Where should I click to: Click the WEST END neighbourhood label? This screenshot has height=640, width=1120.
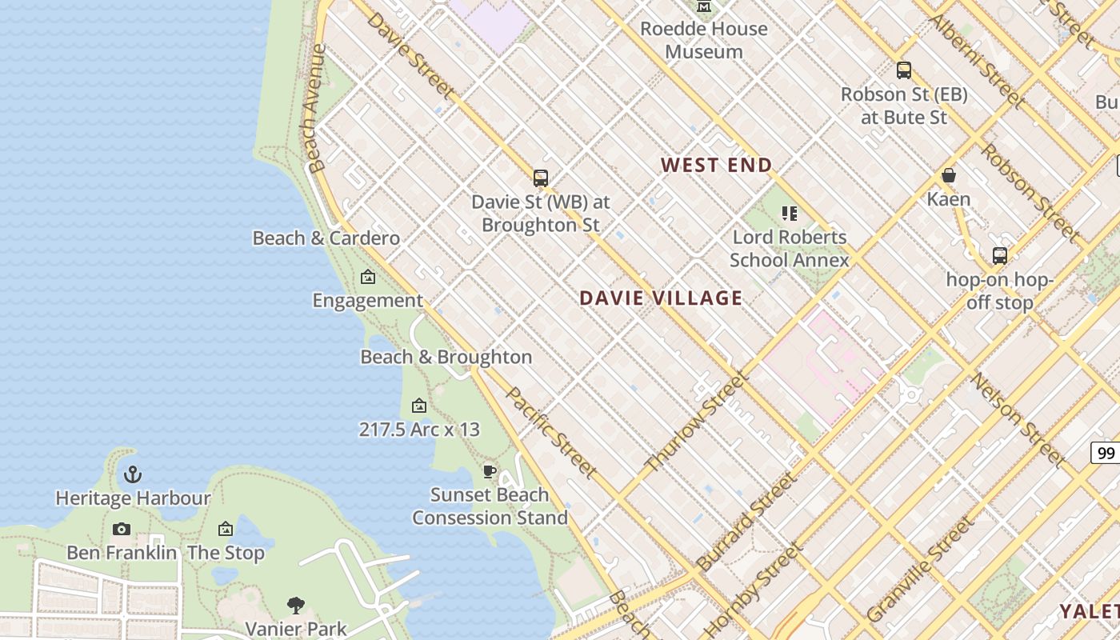tap(716, 166)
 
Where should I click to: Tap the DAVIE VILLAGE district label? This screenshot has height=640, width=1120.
tap(661, 298)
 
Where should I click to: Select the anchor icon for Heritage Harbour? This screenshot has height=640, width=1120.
tap(133, 475)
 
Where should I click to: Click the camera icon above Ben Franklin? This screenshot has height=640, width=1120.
tap(122, 530)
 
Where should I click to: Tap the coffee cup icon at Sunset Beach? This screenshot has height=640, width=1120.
tap(490, 471)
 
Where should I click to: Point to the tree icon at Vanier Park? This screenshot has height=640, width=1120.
tap(296, 605)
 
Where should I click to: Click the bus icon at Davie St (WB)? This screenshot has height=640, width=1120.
tap(541, 178)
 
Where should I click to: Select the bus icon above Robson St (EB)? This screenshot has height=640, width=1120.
tap(904, 70)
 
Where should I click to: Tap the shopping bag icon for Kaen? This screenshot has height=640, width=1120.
tap(949, 175)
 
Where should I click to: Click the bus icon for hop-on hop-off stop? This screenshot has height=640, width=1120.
tap(1000, 256)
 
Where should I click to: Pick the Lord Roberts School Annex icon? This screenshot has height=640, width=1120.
tap(790, 214)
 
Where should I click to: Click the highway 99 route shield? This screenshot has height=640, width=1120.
tap(1106, 454)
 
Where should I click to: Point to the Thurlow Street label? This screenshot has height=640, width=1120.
tap(695, 422)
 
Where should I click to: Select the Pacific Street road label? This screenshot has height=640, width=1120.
tap(552, 432)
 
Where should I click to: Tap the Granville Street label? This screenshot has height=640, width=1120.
tap(920, 570)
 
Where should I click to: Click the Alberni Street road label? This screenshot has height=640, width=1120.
tap(977, 60)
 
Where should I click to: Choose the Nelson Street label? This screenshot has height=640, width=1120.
tap(1018, 420)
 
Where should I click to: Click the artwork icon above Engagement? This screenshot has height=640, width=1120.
tap(368, 278)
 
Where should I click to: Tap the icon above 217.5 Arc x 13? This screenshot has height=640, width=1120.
tap(419, 406)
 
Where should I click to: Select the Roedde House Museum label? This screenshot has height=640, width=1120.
tap(704, 40)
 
